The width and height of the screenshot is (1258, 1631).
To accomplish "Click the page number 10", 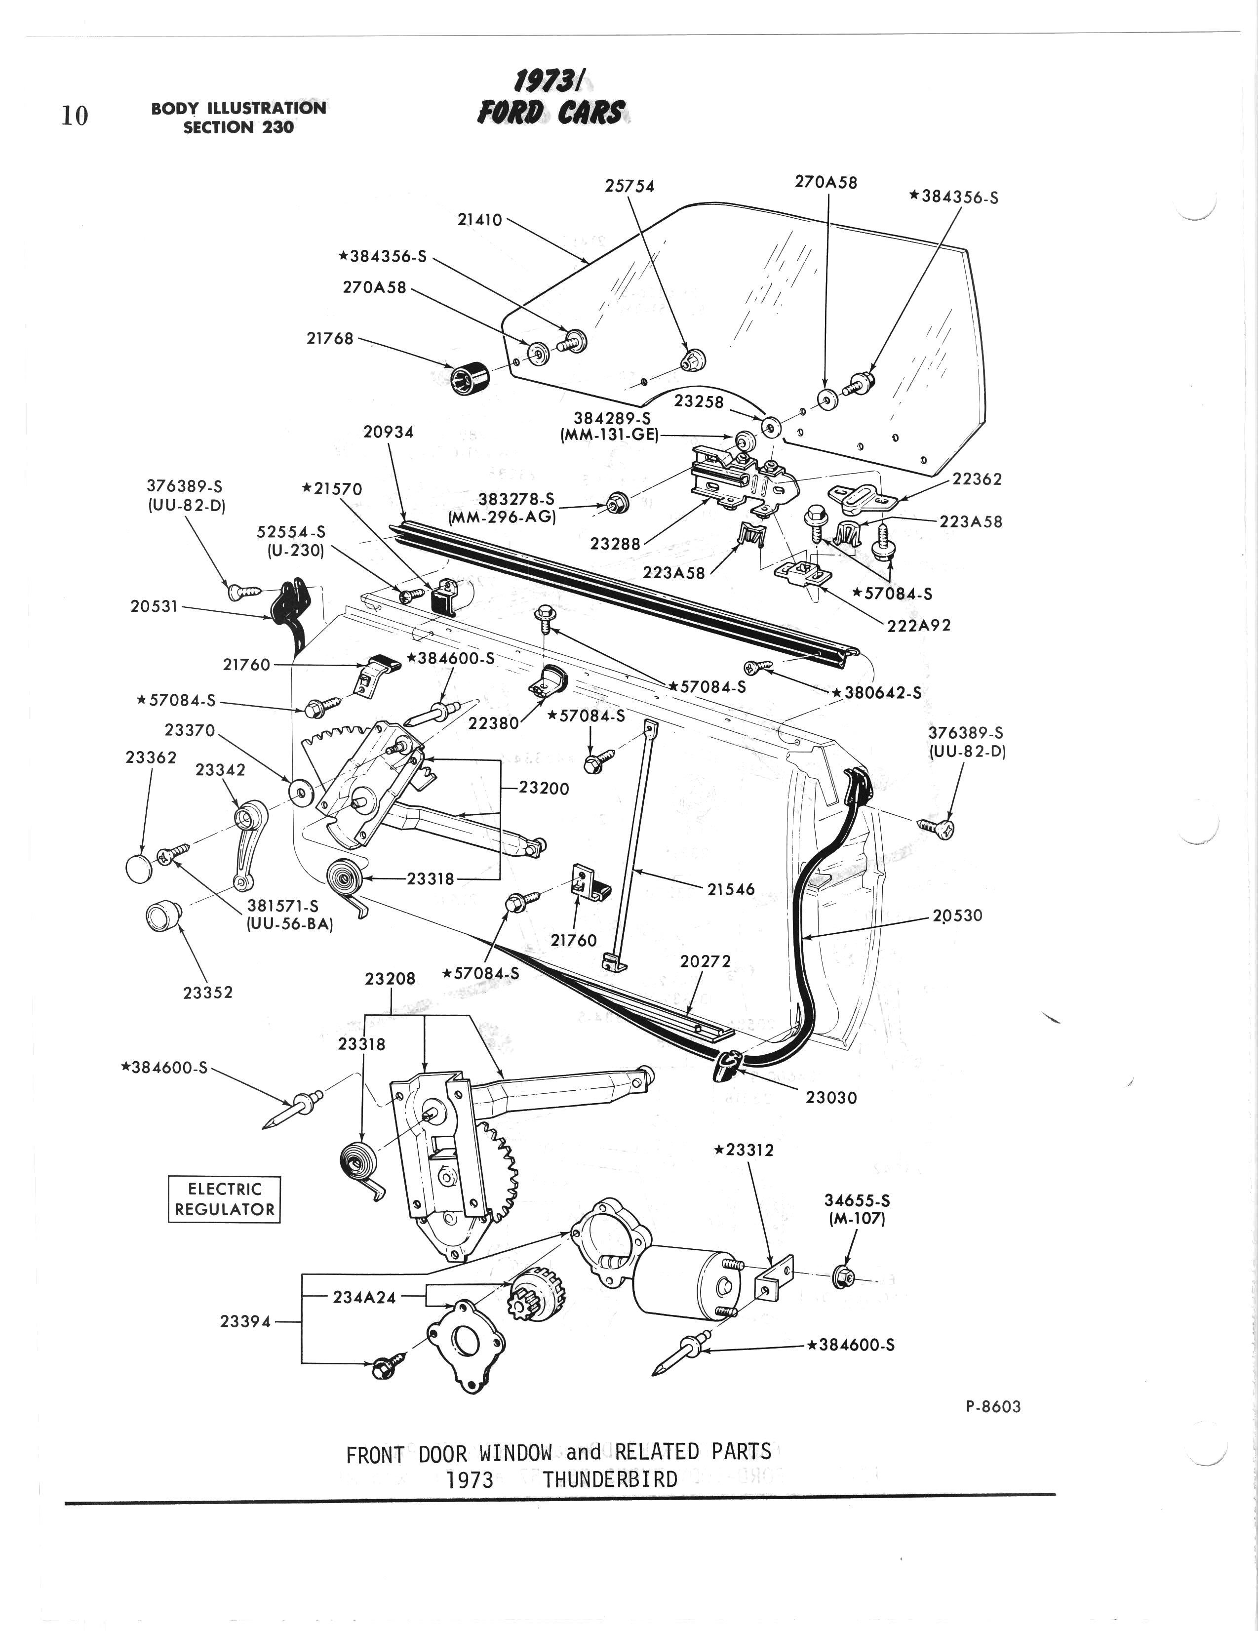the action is [75, 116].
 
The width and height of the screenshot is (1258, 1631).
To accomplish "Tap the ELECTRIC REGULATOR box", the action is [224, 1199].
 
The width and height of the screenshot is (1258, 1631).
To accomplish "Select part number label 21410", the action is [479, 220].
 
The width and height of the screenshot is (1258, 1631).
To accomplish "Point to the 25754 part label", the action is [629, 186].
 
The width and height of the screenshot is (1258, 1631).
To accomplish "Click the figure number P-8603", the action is [993, 1407].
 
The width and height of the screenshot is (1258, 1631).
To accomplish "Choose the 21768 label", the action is [330, 338].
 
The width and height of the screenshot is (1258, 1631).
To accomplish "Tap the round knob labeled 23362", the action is [140, 869].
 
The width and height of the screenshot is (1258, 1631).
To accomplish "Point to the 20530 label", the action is [957, 915].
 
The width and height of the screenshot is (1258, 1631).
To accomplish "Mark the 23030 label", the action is [831, 1098].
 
